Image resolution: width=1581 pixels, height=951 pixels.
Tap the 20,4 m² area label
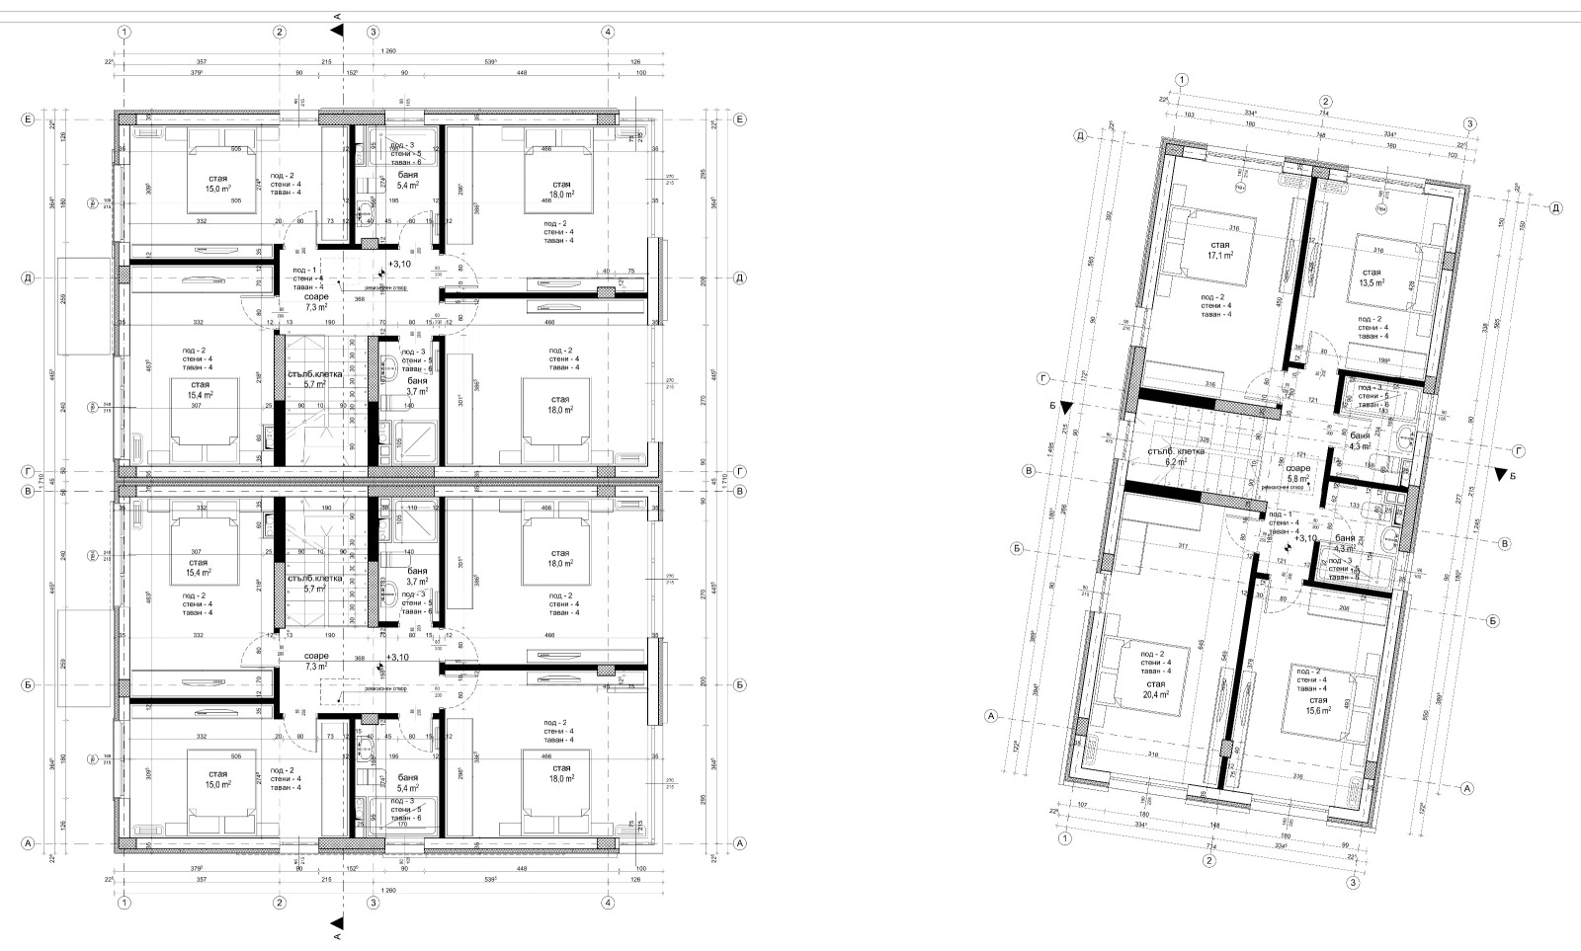[x=1156, y=694]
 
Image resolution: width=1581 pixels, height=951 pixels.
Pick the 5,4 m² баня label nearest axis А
[x=407, y=789]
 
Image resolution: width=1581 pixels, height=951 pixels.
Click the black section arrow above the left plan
[x=339, y=31]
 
